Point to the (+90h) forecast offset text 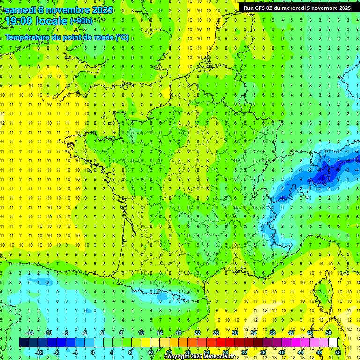(x=81, y=21)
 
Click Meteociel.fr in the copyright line (x=220, y=357)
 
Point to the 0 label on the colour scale (x=93, y=352)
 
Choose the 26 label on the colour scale (x=216, y=333)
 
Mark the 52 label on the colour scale (x=338, y=352)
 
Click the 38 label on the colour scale (x=272, y=333)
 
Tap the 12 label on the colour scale (x=150, y=352)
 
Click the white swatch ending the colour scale (x=333, y=343)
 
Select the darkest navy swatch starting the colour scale (x=23, y=343)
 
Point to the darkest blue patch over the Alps (x=322, y=176)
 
